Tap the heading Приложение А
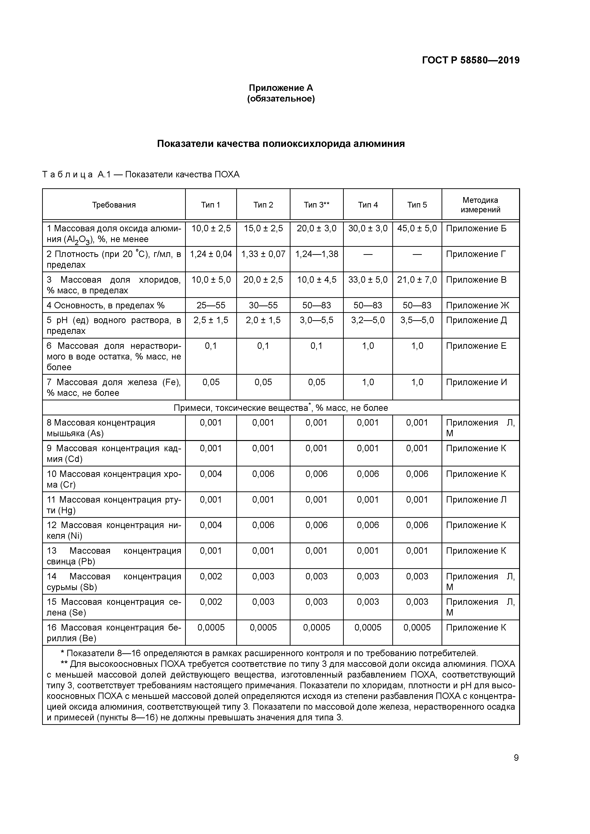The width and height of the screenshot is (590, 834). (281, 88)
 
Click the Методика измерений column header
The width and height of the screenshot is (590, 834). (480, 205)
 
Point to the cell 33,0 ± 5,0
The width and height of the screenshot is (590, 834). (368, 280)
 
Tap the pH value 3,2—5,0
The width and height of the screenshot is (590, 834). (368, 320)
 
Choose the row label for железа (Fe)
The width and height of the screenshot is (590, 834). (113, 387)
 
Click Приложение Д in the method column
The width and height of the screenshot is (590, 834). (476, 320)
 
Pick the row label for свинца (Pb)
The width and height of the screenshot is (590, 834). (113, 556)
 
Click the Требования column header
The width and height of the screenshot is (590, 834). (114, 205)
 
